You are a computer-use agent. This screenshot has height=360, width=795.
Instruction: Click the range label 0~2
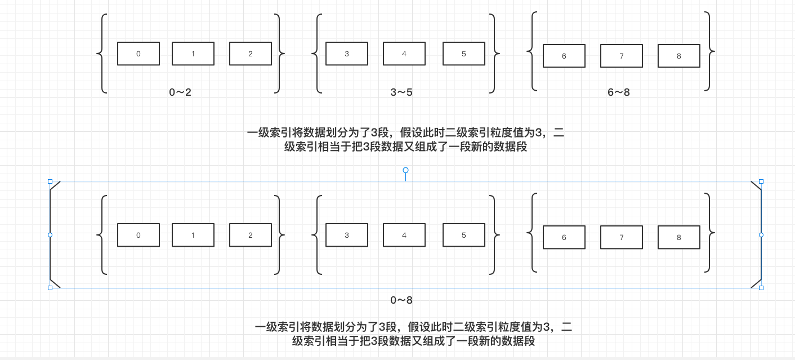pyautogui.click(x=180, y=92)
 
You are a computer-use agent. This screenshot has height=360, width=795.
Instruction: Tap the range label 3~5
pyautogui.click(x=401, y=92)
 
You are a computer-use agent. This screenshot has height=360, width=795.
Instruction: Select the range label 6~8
pyautogui.click(x=619, y=92)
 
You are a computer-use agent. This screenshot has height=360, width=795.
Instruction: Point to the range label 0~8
pyautogui.click(x=402, y=300)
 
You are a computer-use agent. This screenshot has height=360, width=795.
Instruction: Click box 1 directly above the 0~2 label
pyautogui.click(x=193, y=54)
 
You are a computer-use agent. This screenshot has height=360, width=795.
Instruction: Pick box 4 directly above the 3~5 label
pyautogui.click(x=404, y=54)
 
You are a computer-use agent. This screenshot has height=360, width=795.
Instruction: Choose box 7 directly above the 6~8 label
pyautogui.click(x=622, y=56)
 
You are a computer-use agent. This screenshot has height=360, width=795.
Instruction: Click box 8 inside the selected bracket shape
pyautogui.click(x=678, y=237)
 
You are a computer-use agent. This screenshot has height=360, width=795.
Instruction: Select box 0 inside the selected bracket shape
pyautogui.click(x=139, y=235)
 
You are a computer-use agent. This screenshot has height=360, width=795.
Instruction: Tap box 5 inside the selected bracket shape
pyautogui.click(x=464, y=235)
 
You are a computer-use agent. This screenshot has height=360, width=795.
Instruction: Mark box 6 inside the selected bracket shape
pyautogui.click(x=564, y=237)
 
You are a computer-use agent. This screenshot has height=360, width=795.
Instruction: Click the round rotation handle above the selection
pyautogui.click(x=405, y=170)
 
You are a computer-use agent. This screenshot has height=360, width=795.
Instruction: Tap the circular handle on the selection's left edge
pyautogui.click(x=50, y=234)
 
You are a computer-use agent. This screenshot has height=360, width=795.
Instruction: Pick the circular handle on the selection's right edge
pyautogui.click(x=761, y=234)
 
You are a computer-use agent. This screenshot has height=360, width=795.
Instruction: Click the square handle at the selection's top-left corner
pyautogui.click(x=50, y=181)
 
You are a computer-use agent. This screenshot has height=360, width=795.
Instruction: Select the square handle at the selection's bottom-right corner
pyautogui.click(x=761, y=288)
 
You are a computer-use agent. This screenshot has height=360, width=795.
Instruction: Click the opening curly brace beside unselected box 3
pyautogui.click(x=316, y=54)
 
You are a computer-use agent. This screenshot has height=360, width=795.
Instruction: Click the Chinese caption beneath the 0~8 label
pyautogui.click(x=413, y=334)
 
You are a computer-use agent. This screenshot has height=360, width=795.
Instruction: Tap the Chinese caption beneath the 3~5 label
pyautogui.click(x=405, y=140)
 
